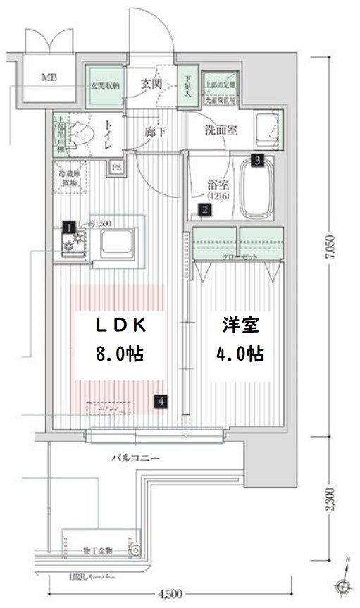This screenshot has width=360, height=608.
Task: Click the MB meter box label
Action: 49,77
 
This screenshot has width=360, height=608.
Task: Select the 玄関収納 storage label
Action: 105,86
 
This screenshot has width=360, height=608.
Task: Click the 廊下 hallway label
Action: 156,131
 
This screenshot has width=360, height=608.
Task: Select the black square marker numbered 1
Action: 69,227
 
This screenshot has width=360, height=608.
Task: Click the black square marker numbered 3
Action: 259,160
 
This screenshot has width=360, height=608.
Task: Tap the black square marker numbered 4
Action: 161,402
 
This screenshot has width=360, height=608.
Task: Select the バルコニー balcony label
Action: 134,458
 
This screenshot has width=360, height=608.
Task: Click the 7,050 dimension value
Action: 329,248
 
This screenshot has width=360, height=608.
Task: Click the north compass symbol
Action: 343,584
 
